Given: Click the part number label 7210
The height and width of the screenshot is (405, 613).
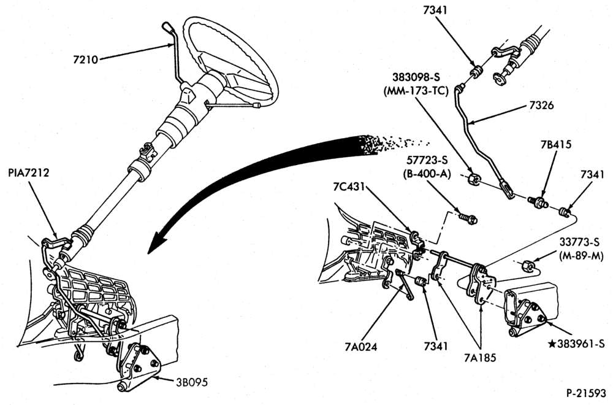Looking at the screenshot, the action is pos(86,60).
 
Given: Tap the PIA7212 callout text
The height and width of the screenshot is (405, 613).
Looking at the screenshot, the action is pos(29,172).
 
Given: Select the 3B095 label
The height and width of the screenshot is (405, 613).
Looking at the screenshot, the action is pos(191,382).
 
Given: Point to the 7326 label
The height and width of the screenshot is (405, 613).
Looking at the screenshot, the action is pos(541,106).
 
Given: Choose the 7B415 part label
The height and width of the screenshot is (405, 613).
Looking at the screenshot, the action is pos(556,144).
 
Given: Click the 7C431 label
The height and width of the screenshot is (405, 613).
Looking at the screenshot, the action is pos(349,187).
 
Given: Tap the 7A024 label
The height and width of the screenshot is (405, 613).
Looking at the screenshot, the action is pos(361,347).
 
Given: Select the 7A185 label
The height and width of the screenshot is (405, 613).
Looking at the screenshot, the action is pos(480,357).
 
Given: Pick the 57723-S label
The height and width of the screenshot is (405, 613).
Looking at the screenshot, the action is pos(427,160).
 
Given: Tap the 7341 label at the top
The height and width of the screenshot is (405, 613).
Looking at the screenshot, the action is pos(435,11).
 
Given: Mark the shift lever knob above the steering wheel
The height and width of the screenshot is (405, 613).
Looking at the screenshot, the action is pos(166,28).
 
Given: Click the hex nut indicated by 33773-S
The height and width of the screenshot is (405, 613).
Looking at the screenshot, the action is pos(526,266).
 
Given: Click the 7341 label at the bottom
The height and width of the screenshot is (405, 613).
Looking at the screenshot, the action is pos(436,347).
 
